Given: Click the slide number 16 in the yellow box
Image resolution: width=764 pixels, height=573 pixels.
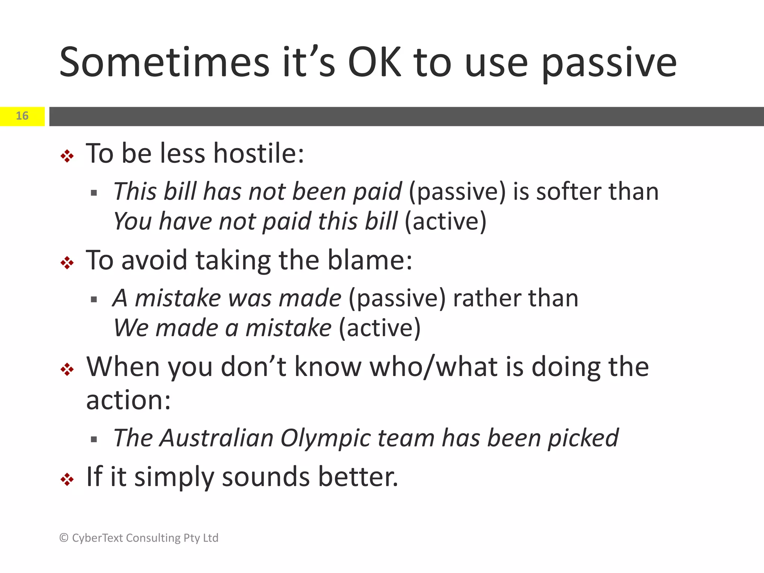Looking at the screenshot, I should pyautogui.click(x=22, y=116).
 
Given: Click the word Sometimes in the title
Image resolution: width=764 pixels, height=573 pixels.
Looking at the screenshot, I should pyautogui.click(x=164, y=63).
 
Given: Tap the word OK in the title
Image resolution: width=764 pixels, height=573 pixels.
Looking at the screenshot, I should pyautogui.click(x=374, y=63).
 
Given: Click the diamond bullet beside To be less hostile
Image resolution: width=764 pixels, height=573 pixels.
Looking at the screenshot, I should pyautogui.click(x=67, y=156).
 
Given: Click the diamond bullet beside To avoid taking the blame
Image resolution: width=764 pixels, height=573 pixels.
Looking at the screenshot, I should pyautogui.click(x=67, y=263).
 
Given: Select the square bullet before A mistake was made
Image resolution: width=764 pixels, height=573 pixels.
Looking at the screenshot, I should pyautogui.click(x=94, y=299).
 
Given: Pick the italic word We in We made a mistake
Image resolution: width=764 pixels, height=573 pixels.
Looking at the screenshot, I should pyautogui.click(x=131, y=328).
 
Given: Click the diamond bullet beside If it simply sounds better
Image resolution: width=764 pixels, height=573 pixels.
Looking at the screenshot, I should pyautogui.click(x=67, y=479).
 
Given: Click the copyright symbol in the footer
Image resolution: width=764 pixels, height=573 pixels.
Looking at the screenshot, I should pyautogui.click(x=64, y=538).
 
